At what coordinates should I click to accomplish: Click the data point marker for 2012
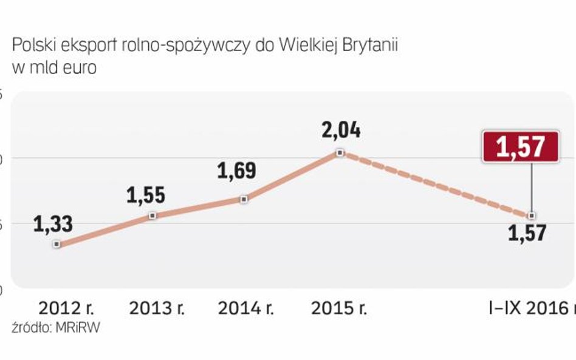[x=57, y=244]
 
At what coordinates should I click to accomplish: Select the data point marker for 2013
[x=153, y=216]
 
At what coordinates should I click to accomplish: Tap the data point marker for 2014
[x=244, y=199]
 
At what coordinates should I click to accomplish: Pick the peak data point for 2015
[x=340, y=152]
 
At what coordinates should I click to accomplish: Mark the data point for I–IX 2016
[x=532, y=216]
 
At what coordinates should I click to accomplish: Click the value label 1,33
[x=53, y=223]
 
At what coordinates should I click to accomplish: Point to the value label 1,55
[x=146, y=195]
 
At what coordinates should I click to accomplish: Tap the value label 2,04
[x=341, y=129]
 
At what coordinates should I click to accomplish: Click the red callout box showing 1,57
[x=521, y=147]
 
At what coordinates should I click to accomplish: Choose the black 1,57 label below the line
[x=527, y=233]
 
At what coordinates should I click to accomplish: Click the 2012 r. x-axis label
[x=66, y=308]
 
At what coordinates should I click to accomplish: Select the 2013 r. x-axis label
[x=157, y=308]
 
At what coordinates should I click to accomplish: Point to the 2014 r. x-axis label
[x=247, y=308]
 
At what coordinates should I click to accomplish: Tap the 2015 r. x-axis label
[x=338, y=308]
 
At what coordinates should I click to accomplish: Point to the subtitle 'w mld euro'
[x=54, y=67]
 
